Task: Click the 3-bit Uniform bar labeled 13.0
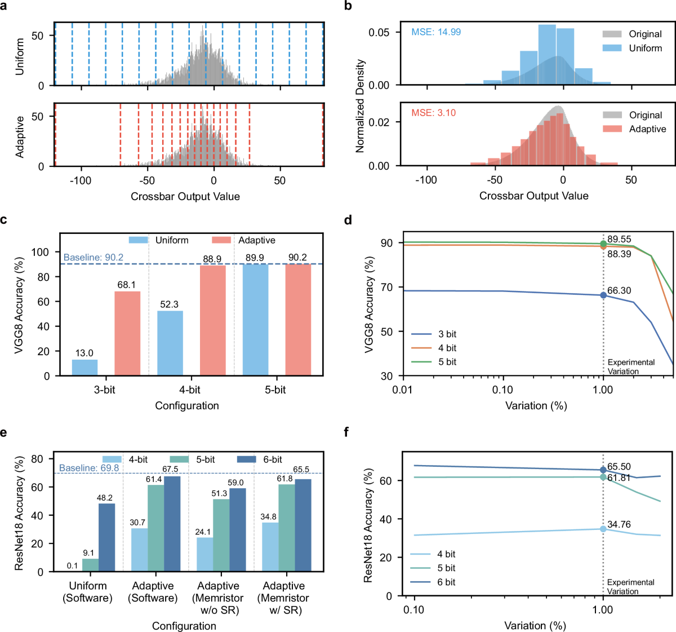(x=84, y=367)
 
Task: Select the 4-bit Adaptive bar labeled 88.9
(x=212, y=320)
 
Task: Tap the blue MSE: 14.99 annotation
(x=436, y=32)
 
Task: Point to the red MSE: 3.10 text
(x=433, y=113)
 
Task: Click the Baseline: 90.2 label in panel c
(x=94, y=258)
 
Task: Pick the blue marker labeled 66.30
(x=603, y=295)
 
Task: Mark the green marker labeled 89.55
(x=603, y=244)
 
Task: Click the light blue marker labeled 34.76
(x=603, y=529)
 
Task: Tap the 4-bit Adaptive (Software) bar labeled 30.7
(x=139, y=550)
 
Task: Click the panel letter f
(x=346, y=432)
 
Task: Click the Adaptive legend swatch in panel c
(x=221, y=240)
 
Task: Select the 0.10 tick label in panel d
(x=502, y=390)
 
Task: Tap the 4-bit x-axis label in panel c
(x=190, y=390)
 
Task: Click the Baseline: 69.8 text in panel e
(x=89, y=468)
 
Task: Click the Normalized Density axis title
(x=361, y=106)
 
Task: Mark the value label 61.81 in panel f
(x=619, y=478)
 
